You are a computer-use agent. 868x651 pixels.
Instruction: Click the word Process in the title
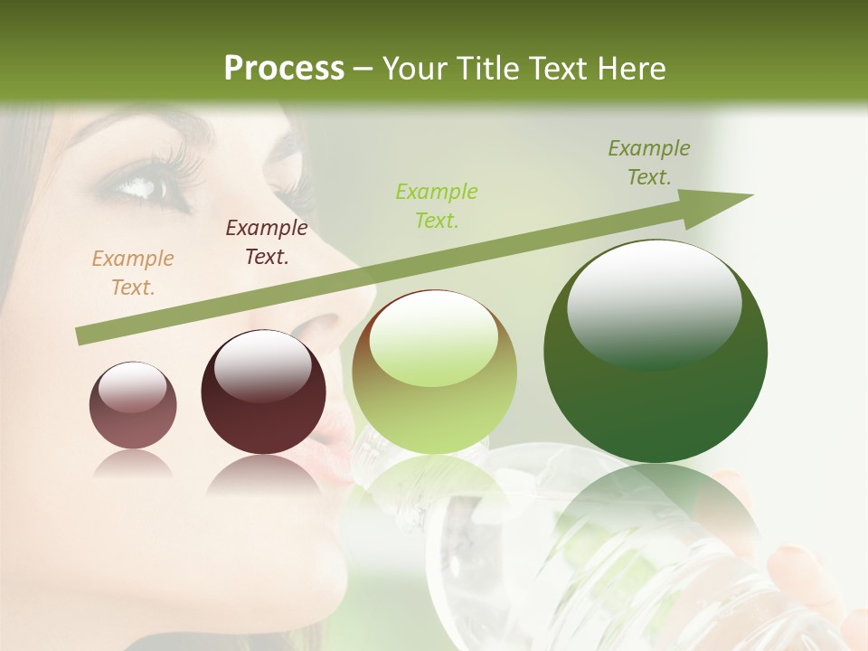pyautogui.click(x=284, y=69)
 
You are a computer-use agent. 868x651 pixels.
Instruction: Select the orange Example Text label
pyautogui.click(x=133, y=272)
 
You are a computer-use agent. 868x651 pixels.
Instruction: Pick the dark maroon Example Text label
pyautogui.click(x=267, y=241)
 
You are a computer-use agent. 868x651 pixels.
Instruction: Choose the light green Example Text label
pyautogui.click(x=437, y=205)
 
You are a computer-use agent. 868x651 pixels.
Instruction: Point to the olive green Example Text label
pyautogui.click(x=649, y=162)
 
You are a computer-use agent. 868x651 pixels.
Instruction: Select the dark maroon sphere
pyautogui.click(x=263, y=393)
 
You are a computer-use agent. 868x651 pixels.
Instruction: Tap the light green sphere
pyautogui.click(x=435, y=373)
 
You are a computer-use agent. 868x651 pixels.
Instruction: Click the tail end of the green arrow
pyautogui.click(x=83, y=336)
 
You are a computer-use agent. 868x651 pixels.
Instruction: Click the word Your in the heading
pyautogui.click(x=411, y=69)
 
